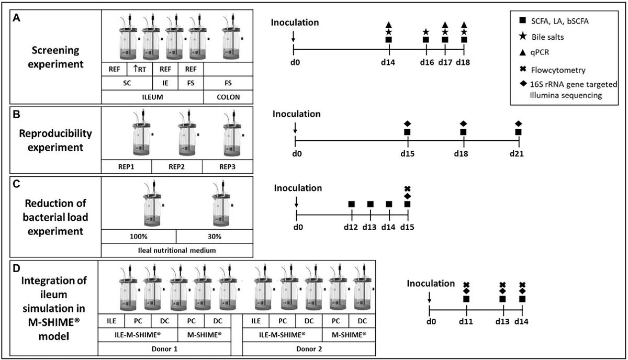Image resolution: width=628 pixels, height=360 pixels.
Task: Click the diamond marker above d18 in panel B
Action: tap(463, 123)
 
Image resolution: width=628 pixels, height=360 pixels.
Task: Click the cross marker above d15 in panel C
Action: tap(408, 188)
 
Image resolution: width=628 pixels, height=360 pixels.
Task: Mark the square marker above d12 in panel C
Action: tap(352, 204)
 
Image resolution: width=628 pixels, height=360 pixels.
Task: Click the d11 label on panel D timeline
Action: tap(466, 321)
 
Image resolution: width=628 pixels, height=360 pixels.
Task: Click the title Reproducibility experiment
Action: tap(55, 140)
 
